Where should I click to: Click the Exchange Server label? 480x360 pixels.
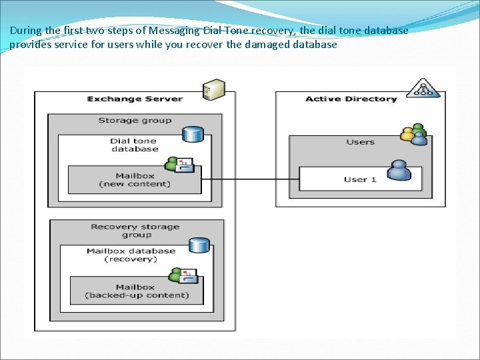pos(135,99)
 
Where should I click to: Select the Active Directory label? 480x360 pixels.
pos(351,99)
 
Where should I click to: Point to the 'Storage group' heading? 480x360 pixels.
pos(135,121)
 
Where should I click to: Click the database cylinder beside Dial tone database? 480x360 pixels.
pos(193,133)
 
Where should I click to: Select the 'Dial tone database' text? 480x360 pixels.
pos(135,145)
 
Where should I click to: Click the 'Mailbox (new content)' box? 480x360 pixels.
pos(135,180)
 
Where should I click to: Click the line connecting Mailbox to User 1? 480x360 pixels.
pos(250,179)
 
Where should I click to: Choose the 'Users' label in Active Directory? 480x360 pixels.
pos(361,142)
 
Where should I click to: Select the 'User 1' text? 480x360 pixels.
pos(360,179)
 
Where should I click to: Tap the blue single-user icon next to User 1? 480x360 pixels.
pos(399,171)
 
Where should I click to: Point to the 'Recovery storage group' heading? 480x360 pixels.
pos(135,231)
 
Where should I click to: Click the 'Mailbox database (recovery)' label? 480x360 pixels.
pos(131,255)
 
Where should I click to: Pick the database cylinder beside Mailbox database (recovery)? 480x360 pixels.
pos(198,245)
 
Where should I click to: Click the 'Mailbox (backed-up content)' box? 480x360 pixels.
pos(137,291)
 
